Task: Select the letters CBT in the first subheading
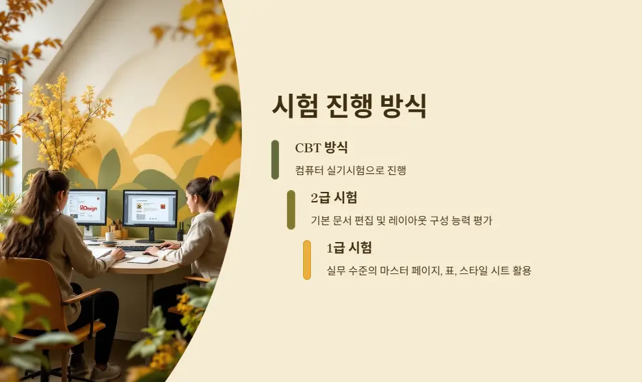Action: (308, 148)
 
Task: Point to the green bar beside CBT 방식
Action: (275, 159)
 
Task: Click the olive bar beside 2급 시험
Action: (291, 210)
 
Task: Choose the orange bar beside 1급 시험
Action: (307, 260)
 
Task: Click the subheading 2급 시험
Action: (334, 198)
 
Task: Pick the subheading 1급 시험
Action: (349, 248)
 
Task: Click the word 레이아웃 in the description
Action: (409, 221)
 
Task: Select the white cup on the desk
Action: (110, 237)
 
